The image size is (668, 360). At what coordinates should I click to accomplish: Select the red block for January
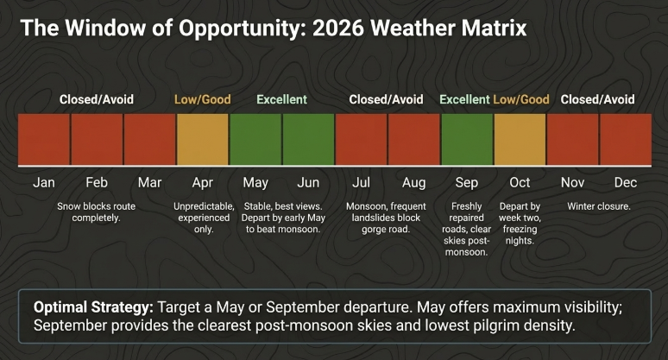(x=44, y=139)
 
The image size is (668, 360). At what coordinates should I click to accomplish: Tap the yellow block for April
(x=203, y=139)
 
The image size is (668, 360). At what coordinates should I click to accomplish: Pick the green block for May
(x=255, y=139)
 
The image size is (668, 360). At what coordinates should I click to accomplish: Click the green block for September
(x=467, y=139)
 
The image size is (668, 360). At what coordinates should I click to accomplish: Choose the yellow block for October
(x=520, y=139)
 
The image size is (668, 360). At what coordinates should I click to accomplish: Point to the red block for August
(x=413, y=139)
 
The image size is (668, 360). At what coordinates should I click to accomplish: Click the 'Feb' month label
(x=97, y=183)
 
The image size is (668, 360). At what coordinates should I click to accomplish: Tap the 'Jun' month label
(x=308, y=183)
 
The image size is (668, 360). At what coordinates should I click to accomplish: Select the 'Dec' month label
(x=625, y=183)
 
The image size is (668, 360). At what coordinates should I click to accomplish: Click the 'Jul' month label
(x=361, y=183)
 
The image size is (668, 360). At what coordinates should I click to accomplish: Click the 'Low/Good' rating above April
(x=203, y=99)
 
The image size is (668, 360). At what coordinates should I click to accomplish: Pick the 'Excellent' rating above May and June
(x=281, y=99)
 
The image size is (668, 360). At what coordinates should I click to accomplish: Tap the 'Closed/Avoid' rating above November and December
(x=597, y=99)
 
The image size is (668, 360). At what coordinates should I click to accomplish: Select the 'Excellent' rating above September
(x=464, y=99)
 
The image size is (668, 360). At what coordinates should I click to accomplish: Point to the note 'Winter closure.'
(x=598, y=206)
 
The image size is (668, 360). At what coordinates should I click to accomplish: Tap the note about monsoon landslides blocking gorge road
(x=387, y=218)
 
